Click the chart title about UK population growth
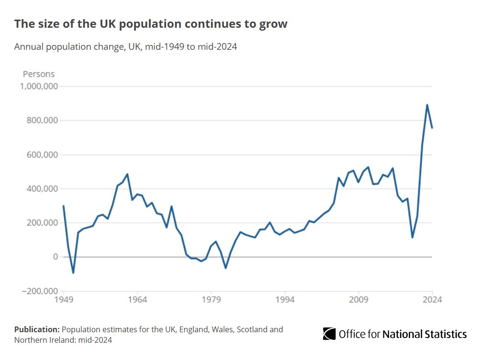151,23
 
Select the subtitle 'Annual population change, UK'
125,47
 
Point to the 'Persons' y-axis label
39,74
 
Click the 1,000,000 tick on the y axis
39,87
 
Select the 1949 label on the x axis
64,300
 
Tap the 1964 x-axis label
137,300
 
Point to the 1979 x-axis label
211,300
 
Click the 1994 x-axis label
285,300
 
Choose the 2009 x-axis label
358,300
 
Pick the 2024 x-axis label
432,300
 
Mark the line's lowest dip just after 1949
73,273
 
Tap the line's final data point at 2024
432,128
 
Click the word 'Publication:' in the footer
37,329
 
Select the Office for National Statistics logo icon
329,334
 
